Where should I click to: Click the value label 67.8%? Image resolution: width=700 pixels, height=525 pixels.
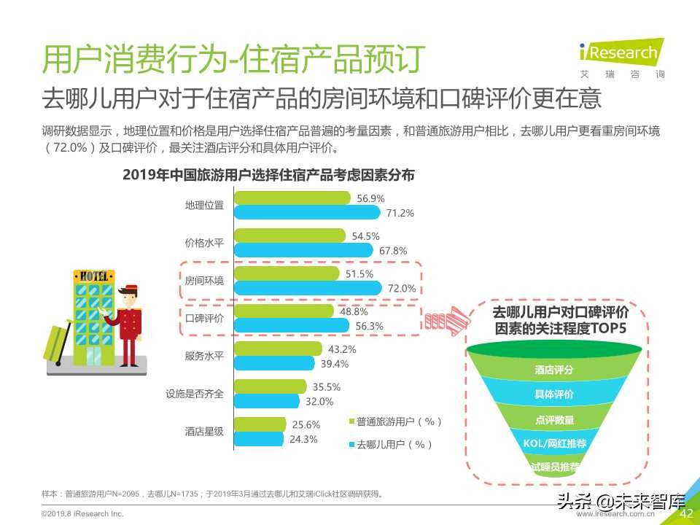tap(394, 250)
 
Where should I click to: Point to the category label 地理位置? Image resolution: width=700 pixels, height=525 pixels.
tap(204, 206)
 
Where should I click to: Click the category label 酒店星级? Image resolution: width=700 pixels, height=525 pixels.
tap(204, 431)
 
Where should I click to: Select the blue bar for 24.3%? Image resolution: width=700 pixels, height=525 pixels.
tap(258, 439)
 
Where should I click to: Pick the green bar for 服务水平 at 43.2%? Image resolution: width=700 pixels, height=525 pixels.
tap(277, 349)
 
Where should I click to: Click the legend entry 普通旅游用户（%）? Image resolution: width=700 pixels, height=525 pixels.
tap(399, 421)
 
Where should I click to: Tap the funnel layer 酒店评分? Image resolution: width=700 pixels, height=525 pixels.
tap(553, 370)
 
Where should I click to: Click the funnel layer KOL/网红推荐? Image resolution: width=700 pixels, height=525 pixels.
tap(555, 443)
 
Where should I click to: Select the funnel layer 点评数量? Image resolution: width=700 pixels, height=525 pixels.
tap(554, 419)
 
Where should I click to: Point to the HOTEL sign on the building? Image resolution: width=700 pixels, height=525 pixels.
tap(94, 276)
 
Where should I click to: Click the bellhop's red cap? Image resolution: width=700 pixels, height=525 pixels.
tap(131, 288)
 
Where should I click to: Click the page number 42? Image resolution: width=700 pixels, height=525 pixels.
tap(685, 514)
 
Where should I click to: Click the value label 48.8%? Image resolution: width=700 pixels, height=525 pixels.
tap(354, 311)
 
